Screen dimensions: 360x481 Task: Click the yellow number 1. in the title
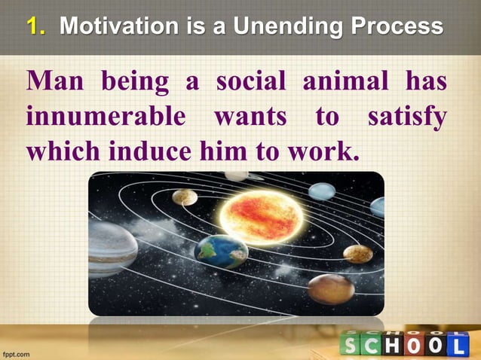pyautogui.click(x=37, y=28)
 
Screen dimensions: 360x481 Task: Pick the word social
pyautogui.click(x=253, y=82)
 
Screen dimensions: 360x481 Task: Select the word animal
pyautogui.click(x=346, y=82)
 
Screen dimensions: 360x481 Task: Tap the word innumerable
pyautogui.click(x=105, y=117)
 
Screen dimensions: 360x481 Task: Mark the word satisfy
pyautogui.click(x=406, y=117)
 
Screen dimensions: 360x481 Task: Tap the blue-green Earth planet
pyautogui.click(x=220, y=251)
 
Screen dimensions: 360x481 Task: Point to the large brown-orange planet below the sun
pyautogui.click(x=330, y=288)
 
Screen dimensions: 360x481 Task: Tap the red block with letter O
pyautogui.click(x=413, y=344)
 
